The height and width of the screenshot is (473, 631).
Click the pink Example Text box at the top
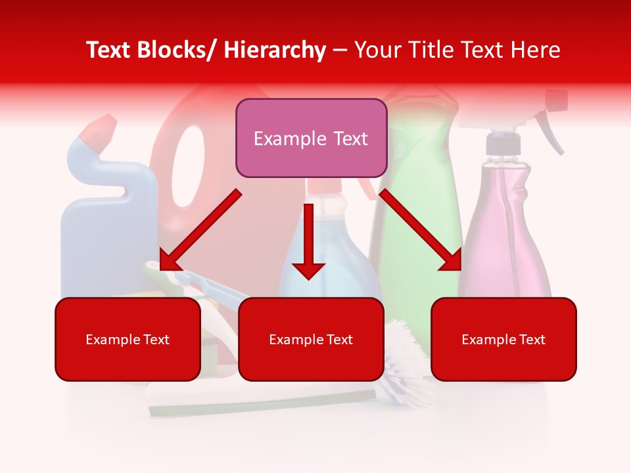pos(311,138)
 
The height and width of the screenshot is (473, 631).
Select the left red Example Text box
pos(128,339)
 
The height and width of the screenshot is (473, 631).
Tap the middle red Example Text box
pos(311,339)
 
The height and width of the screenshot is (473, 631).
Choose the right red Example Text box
pos(503,339)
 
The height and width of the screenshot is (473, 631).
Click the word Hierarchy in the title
pos(275,50)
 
